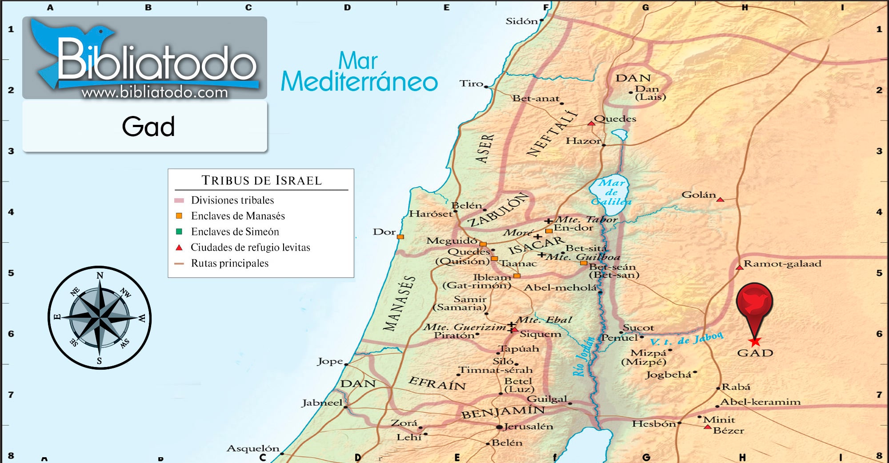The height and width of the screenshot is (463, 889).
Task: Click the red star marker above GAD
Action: (x=755, y=342)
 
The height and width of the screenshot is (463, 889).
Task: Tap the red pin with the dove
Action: (x=754, y=302)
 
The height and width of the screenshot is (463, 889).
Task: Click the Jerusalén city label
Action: (x=529, y=427)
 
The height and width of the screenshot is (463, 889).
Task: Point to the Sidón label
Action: (x=521, y=21)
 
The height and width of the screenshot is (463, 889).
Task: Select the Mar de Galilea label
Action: (x=611, y=192)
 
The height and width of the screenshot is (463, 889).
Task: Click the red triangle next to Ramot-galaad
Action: (x=740, y=267)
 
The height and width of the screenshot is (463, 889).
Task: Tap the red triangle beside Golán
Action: (x=720, y=200)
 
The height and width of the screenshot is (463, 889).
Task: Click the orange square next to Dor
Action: (x=400, y=237)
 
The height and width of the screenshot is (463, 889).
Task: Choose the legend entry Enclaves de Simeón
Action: (x=235, y=231)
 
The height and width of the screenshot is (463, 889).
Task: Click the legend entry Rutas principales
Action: (x=229, y=263)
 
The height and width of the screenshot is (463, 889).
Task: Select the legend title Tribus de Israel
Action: (x=261, y=180)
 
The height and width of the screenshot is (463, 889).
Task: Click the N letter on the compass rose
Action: (x=100, y=275)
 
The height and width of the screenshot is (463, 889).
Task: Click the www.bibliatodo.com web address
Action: (x=155, y=92)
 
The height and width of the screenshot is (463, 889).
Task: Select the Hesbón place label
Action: (x=654, y=424)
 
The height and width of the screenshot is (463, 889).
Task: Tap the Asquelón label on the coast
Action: (x=253, y=448)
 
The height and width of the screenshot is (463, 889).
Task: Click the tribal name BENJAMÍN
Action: (x=502, y=412)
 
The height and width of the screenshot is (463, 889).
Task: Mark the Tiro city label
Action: (x=471, y=84)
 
